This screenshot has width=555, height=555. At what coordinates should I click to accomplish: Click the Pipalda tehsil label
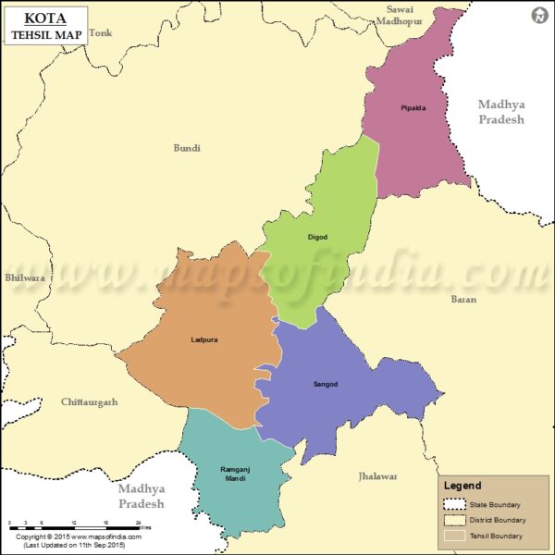413,108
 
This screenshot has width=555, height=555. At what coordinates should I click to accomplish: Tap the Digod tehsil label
317,238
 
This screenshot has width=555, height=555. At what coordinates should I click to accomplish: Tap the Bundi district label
187,148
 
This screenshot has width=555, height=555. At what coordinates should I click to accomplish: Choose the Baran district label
463,299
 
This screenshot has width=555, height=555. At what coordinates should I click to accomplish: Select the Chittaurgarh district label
89,402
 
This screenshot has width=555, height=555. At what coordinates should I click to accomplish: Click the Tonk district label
101,33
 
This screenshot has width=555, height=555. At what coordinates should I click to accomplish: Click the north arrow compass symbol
538,16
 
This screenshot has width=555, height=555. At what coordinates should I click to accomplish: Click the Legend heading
462,486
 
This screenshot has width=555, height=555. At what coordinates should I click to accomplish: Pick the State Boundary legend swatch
455,504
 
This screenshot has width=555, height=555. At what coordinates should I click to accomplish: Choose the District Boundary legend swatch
455,520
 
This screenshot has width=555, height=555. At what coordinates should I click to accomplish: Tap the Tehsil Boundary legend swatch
455,536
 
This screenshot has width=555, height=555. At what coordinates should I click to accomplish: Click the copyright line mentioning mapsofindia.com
80,536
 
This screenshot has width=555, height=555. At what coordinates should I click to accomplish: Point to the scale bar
74,525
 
